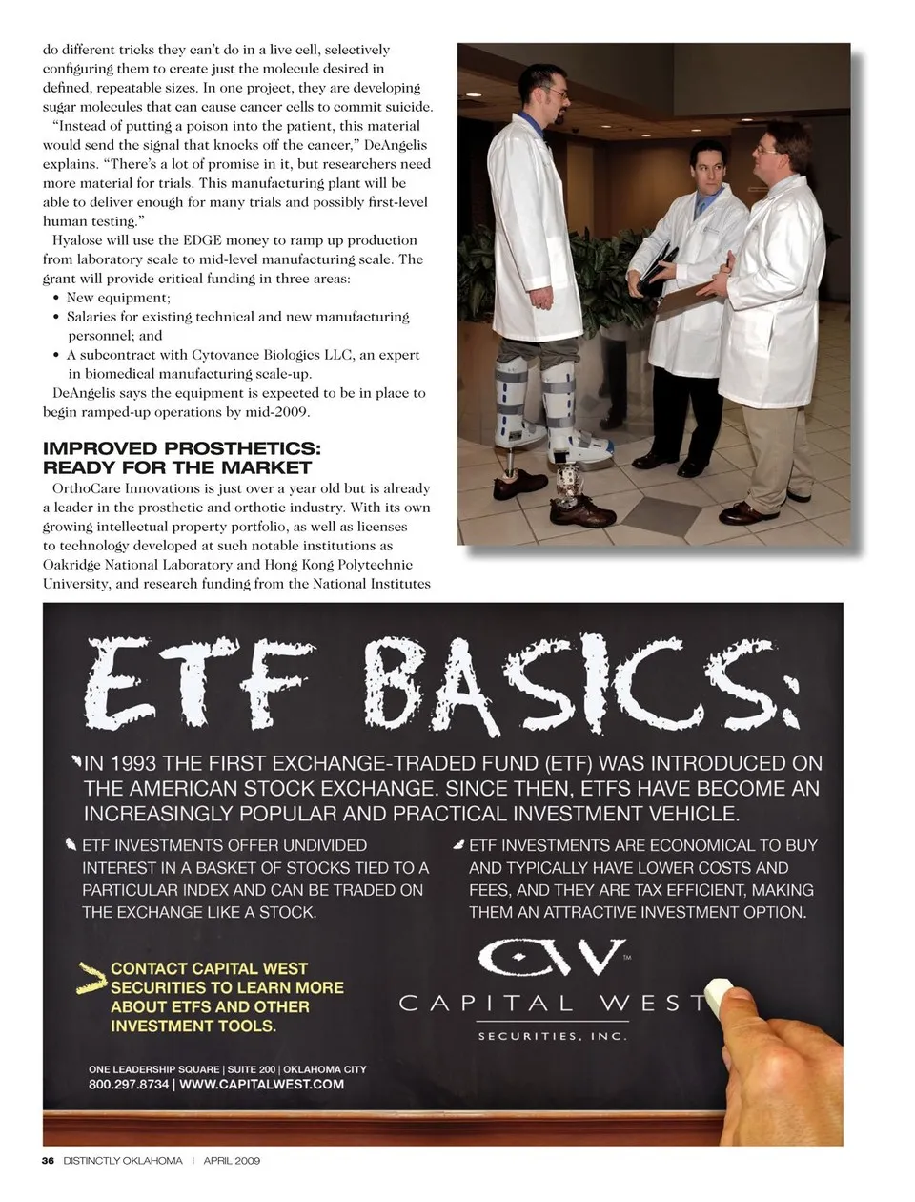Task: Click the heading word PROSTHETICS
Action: coord(243,448)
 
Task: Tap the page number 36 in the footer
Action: coord(49,1161)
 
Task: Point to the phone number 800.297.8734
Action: coord(129,1085)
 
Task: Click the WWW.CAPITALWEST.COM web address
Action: coord(261,1085)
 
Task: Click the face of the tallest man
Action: coord(552,96)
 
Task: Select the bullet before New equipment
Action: coord(57,298)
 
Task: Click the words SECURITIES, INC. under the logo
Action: coord(552,1036)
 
